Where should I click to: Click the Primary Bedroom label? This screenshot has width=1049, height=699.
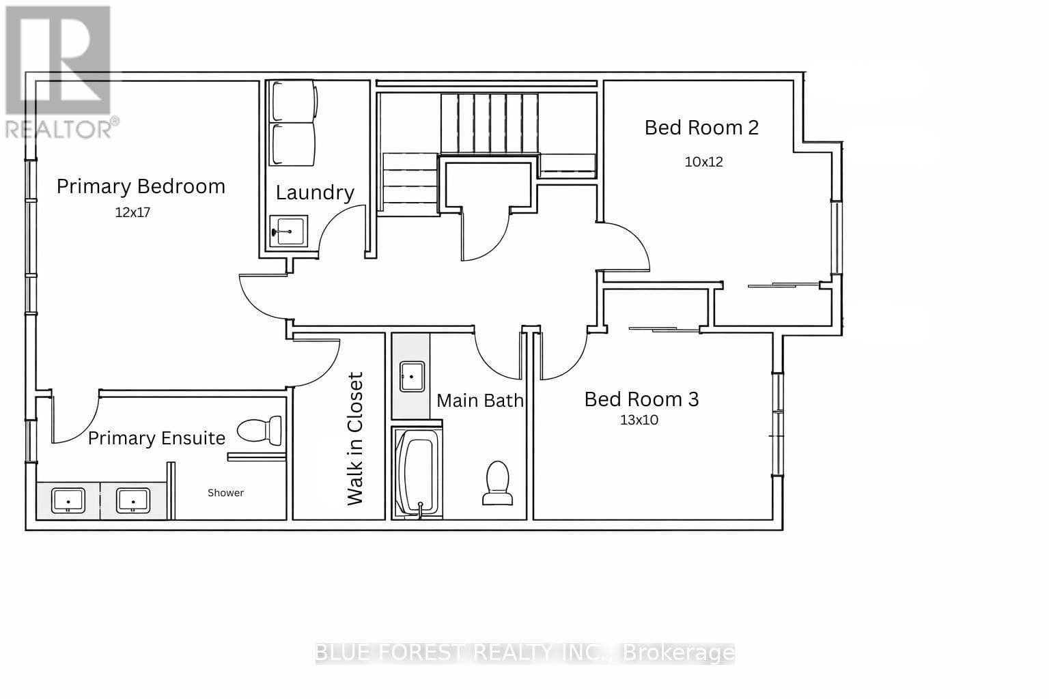pos(141,186)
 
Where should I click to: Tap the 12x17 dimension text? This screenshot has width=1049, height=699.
pos(132,212)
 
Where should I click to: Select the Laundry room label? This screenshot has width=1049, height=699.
pos(315,193)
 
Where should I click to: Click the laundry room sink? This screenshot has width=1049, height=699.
pos(289,231)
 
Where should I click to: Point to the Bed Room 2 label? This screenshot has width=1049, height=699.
pos(701,128)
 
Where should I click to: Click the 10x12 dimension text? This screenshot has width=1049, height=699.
pos(704,162)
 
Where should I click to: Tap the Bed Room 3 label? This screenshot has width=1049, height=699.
pos(641,399)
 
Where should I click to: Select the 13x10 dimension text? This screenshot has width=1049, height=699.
pos(639,420)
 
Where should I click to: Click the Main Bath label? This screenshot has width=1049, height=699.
pos(480,401)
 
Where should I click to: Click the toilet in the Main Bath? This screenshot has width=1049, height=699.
pos(498,483)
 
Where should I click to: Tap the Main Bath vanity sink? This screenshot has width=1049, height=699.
pos(412,376)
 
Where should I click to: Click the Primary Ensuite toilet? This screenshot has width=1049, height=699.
pos(260,430)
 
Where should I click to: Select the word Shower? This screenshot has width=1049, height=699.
pos(226,493)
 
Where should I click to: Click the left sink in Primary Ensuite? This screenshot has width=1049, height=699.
pos(68,500)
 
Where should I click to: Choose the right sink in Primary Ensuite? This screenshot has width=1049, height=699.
pos(133,500)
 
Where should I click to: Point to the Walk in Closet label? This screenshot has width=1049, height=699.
pos(355,439)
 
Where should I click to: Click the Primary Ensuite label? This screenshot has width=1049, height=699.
pos(157,439)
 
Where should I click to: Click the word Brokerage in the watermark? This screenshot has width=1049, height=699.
pos(679,653)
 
